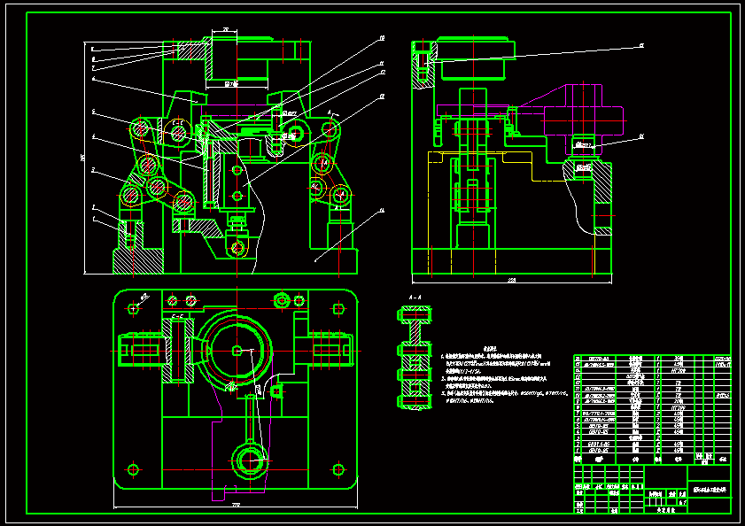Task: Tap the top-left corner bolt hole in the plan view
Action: (x=133, y=308)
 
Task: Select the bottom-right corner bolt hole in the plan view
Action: (x=338, y=468)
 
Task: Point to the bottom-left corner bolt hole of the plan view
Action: (x=133, y=468)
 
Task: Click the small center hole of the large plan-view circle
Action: (x=236, y=350)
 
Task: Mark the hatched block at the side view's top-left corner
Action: (x=423, y=66)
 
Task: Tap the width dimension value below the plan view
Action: (x=236, y=506)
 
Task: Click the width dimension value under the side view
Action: (x=511, y=281)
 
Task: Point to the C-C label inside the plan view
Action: (x=176, y=315)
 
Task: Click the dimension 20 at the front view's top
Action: (x=226, y=31)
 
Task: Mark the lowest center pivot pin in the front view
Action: (x=236, y=247)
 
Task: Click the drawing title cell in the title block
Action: (x=710, y=489)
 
